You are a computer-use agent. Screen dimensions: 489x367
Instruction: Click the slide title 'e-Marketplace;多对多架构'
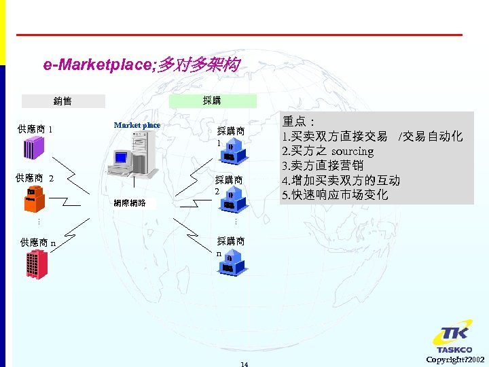[141, 65]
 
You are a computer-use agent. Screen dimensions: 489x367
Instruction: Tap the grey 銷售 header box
[63, 101]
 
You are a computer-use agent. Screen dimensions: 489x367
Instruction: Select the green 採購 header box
[211, 101]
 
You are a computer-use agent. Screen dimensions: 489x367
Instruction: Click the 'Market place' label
[137, 125]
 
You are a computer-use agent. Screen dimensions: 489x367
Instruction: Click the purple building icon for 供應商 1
[35, 146]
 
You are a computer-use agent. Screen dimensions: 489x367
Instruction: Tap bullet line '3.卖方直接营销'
[323, 166]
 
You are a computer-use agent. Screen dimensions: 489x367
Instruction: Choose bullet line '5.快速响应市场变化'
[335, 195]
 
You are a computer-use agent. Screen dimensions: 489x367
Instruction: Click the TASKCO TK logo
[452, 338]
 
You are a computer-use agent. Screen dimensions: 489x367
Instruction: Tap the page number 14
[244, 364]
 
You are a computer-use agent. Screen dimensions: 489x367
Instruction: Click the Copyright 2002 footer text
[455, 359]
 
